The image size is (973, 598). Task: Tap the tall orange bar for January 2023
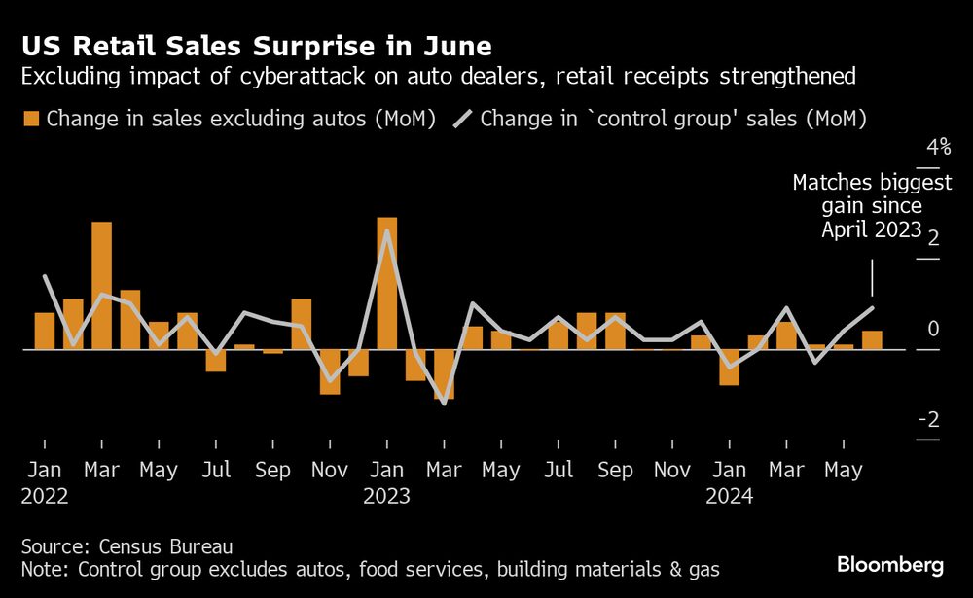(x=387, y=282)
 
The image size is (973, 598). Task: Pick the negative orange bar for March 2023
(x=444, y=373)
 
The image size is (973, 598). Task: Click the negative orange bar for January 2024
(x=730, y=367)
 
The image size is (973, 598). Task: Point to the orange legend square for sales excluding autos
(x=30, y=119)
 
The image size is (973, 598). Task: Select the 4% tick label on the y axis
(x=938, y=148)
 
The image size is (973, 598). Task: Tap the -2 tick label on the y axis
(x=930, y=420)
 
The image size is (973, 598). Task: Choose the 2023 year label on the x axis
(x=386, y=496)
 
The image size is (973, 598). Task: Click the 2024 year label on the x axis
(x=729, y=496)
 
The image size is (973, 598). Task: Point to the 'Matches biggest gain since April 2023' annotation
(x=856, y=206)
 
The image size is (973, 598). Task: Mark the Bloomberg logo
(x=890, y=565)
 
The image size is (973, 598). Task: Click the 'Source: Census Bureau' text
(x=126, y=545)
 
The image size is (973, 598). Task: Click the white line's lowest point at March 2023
(x=444, y=403)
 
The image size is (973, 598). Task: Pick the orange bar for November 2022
(x=330, y=371)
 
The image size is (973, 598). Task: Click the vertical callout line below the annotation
(x=872, y=278)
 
